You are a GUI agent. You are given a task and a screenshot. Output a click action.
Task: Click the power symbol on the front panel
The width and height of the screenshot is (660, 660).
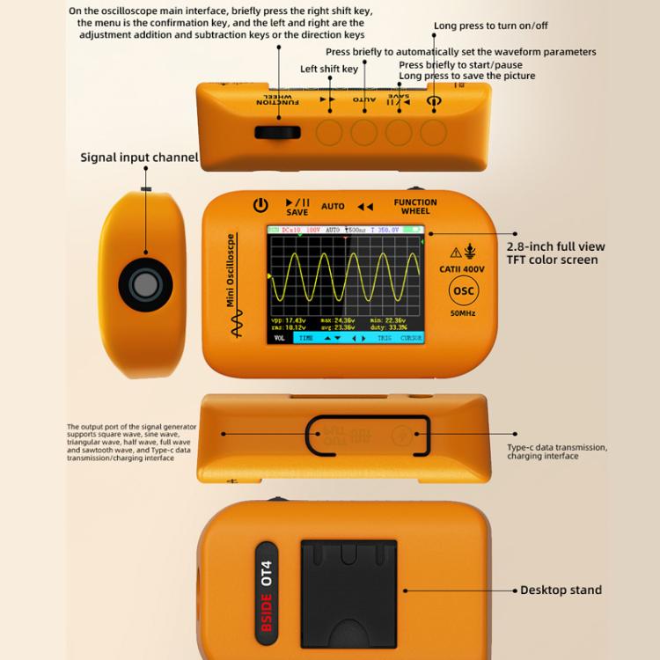[x=260, y=206]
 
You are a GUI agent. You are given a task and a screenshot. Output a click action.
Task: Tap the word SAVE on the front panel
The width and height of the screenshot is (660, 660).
[x=297, y=213]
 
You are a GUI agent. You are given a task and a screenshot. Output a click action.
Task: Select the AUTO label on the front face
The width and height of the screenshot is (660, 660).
[x=333, y=206]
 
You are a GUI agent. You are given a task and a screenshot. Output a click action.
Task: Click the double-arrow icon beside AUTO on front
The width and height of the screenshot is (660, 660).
[x=365, y=207]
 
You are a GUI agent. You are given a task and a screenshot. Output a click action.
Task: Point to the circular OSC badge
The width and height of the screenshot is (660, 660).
[x=463, y=291]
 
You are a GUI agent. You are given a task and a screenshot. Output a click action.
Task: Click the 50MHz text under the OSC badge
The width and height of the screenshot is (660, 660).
[x=463, y=313]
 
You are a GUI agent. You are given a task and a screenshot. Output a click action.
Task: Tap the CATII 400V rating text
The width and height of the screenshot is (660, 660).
[x=462, y=269]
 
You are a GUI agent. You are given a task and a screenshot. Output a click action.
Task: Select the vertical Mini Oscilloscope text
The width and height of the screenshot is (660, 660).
[x=231, y=269]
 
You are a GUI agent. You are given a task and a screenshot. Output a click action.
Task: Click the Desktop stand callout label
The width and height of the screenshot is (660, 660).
[x=561, y=590]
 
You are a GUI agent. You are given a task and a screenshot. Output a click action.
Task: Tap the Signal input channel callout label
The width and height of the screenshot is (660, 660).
[x=139, y=158]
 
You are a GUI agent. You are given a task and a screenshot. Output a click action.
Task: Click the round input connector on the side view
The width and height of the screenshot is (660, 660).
[x=143, y=283]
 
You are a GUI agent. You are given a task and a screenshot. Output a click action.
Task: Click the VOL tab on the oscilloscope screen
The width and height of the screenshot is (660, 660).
[x=279, y=338]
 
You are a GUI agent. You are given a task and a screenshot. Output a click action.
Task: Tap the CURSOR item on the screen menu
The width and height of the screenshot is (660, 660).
[x=411, y=338]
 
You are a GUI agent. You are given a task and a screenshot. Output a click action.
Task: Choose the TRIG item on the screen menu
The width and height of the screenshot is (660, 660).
[x=385, y=338]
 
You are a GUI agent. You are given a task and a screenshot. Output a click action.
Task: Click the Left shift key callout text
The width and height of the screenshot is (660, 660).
[x=329, y=69]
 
